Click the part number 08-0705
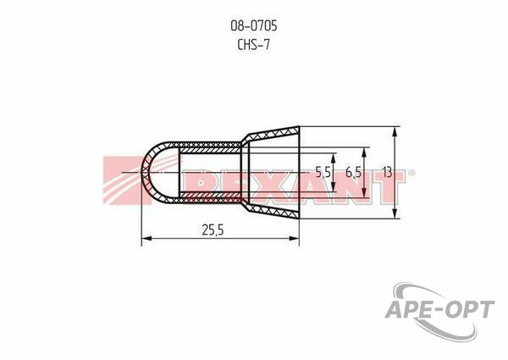[254, 26]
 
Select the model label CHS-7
[253, 44]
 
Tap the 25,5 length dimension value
[213, 230]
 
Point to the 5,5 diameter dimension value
[323, 173]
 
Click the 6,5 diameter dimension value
[353, 173]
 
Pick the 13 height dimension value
[388, 172]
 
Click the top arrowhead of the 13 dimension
[395, 132]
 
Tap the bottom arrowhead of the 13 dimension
[395, 213]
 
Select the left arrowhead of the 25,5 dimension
[147, 239]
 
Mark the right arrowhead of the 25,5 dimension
[294, 239]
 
